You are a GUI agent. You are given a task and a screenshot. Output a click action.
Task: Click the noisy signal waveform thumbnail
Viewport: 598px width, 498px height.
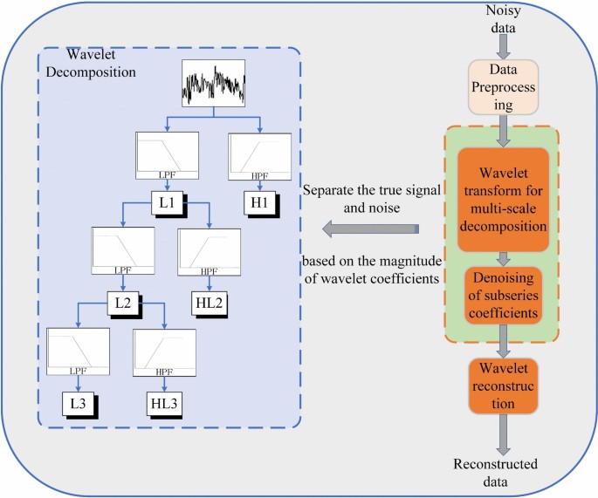point(213,85)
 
